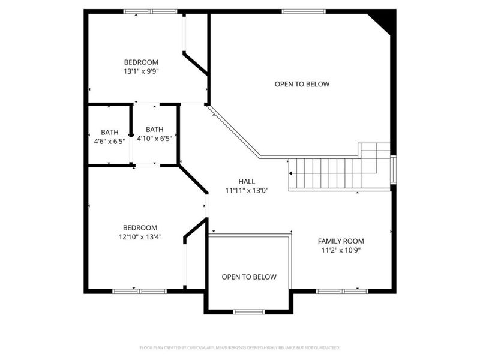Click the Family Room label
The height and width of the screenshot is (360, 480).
[341, 241]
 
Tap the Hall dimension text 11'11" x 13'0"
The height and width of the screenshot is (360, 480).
[247, 191]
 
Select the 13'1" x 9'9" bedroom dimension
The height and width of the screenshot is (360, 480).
[141, 71]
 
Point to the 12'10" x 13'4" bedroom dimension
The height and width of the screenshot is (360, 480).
[140, 237]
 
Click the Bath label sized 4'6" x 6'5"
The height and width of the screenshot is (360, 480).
[110, 132]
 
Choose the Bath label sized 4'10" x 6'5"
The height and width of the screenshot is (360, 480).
[155, 129]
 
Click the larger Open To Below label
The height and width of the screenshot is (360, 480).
[302, 84]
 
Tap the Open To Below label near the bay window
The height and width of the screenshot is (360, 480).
[249, 277]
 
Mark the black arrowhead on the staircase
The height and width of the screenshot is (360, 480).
[290, 173]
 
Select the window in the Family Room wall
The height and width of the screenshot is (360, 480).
[342, 291]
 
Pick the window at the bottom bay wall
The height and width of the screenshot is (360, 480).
[248, 312]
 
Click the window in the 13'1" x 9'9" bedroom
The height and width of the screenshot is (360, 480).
[151, 11]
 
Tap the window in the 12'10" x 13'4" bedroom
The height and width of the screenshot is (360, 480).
[139, 291]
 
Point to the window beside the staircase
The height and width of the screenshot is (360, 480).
[394, 170]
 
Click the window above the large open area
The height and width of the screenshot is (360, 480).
[304, 11]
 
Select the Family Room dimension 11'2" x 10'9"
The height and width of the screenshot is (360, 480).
[341, 250]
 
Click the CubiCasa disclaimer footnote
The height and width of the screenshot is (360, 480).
[239, 348]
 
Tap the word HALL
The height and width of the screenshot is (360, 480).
[247, 182]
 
